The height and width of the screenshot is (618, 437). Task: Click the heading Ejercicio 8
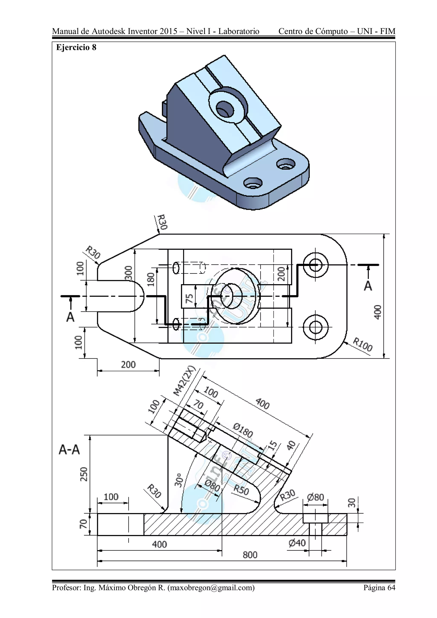[76, 47]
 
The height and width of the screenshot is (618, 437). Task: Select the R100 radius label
[362, 345]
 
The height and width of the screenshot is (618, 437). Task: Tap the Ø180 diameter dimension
[243, 430]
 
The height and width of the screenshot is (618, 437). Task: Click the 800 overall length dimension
[250, 555]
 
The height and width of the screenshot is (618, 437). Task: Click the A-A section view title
[69, 449]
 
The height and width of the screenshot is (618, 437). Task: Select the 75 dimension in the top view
[189, 298]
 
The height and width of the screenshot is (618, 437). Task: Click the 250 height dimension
[84, 474]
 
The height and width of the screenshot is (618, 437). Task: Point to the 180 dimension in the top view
[151, 280]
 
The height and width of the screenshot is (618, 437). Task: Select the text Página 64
[379, 587]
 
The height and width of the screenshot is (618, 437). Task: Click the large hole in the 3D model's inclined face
[225, 109]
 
